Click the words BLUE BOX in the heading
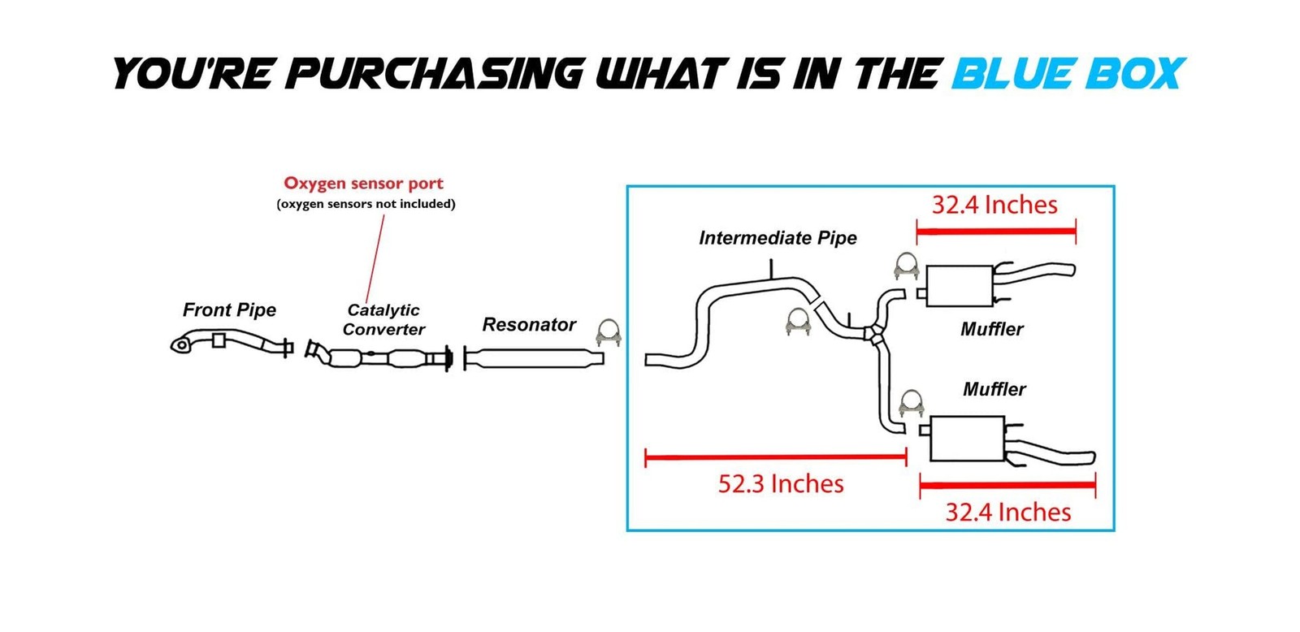click(1068, 73)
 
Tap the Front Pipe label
click(229, 310)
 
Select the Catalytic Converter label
click(383, 319)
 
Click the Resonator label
click(529, 325)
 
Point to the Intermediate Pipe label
click(778, 238)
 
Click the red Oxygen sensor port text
click(363, 184)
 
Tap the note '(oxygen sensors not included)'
click(366, 204)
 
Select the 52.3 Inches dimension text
click(781, 484)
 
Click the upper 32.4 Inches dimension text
click(994, 205)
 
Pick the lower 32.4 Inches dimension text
click(1007, 513)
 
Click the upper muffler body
click(959, 285)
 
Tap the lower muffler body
click(967, 439)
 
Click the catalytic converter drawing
click(379, 357)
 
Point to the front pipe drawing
click(232, 342)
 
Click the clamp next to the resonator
click(609, 332)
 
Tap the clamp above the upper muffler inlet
click(906, 266)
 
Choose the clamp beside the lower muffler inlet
click(911, 403)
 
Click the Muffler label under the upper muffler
click(991, 329)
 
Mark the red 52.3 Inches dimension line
click(775, 458)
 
